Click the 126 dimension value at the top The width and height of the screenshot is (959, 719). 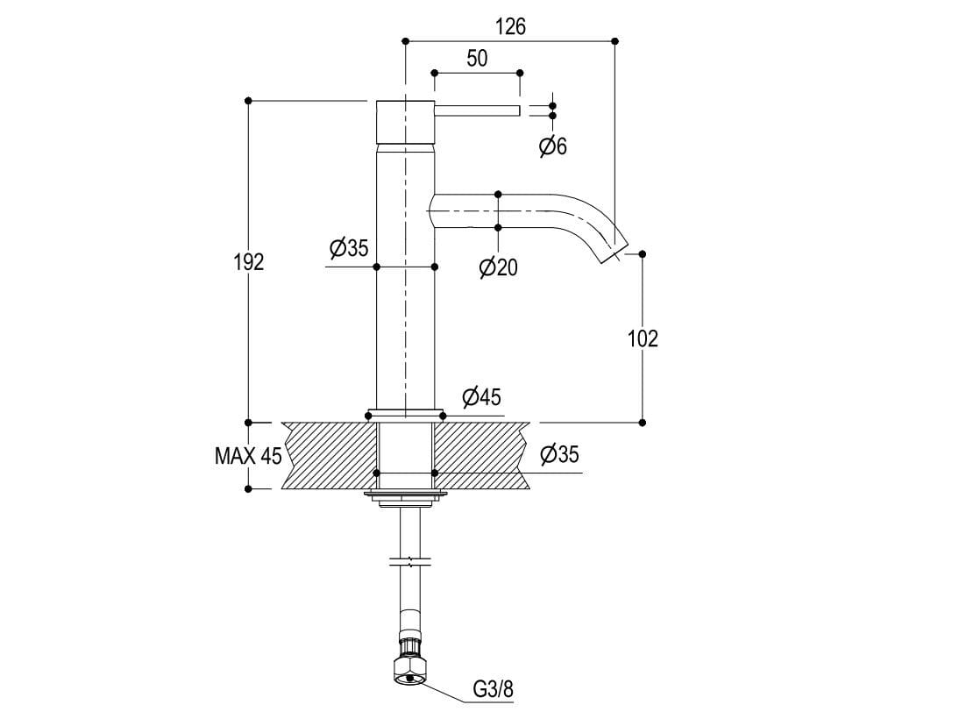tap(510, 27)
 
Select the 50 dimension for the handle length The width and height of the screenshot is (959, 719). tap(477, 59)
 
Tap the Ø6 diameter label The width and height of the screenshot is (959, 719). tap(553, 146)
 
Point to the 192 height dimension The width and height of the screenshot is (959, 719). tap(249, 261)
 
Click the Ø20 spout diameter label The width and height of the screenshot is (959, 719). tap(498, 267)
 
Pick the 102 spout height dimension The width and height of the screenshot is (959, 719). tap(643, 338)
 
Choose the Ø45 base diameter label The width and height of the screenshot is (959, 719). tap(481, 397)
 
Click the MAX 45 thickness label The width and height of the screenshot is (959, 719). tap(248, 456)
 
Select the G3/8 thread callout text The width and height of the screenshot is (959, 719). tap(493, 689)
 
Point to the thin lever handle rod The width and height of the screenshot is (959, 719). tap(478, 110)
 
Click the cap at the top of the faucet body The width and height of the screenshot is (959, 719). tap(405, 121)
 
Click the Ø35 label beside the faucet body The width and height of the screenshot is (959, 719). tap(349, 248)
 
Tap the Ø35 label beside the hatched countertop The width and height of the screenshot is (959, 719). tap(559, 454)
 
